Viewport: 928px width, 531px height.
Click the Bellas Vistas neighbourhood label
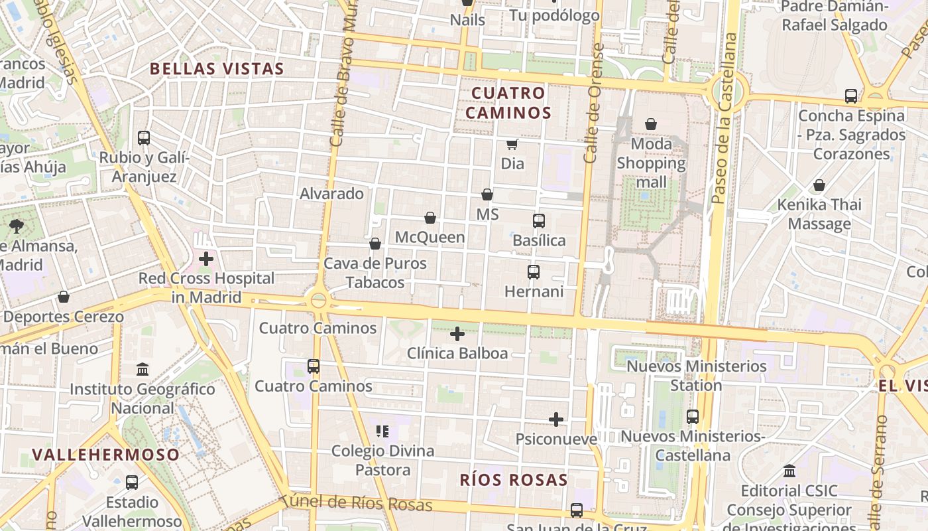pyautogui.click(x=217, y=68)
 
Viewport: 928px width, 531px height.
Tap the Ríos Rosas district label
pyautogui.click(x=514, y=480)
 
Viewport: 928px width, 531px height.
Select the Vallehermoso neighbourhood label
pyautogui.click(x=106, y=455)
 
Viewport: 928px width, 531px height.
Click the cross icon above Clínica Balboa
pyautogui.click(x=457, y=334)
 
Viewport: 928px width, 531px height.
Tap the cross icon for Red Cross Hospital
pyautogui.click(x=206, y=259)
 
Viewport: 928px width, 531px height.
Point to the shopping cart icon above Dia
pyautogui.click(x=512, y=144)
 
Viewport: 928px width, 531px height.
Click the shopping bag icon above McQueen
pyautogui.click(x=430, y=218)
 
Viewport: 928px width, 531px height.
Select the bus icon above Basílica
pyautogui.click(x=538, y=220)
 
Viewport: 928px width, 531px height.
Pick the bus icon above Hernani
pyautogui.click(x=533, y=271)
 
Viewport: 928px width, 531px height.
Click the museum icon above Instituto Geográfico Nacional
pyautogui.click(x=143, y=369)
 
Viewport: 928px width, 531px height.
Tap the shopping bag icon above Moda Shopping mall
pyautogui.click(x=651, y=124)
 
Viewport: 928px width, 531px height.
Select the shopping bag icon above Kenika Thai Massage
pyautogui.click(x=819, y=185)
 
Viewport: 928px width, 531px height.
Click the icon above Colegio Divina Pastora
pyautogui.click(x=382, y=431)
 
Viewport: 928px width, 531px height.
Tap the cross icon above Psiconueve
pyautogui.click(x=556, y=419)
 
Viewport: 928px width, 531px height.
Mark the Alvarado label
pyautogui.click(x=332, y=194)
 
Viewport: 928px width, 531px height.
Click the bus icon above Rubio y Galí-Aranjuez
pyautogui.click(x=144, y=138)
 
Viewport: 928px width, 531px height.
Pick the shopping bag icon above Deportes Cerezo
pyautogui.click(x=64, y=297)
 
